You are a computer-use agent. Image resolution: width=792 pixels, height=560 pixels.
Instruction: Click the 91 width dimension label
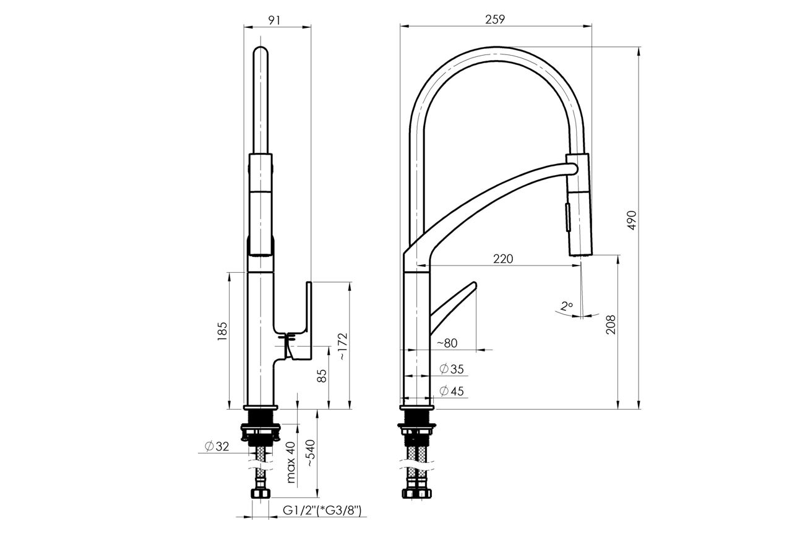(275, 20)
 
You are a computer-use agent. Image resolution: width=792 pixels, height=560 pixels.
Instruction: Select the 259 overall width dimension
(495, 19)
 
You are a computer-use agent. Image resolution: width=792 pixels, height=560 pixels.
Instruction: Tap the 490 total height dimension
(632, 220)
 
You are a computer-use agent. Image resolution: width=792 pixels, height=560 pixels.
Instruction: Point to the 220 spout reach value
(502, 259)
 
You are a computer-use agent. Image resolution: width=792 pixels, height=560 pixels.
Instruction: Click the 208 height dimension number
(611, 324)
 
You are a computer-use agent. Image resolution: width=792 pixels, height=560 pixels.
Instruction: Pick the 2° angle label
(566, 306)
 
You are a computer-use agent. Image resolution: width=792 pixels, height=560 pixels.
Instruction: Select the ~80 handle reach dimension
(447, 343)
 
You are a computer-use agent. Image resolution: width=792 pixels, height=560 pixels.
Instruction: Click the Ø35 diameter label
(452, 369)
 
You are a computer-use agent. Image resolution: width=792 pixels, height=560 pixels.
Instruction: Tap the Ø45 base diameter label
(452, 391)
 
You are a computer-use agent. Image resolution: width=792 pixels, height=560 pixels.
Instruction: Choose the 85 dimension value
(322, 376)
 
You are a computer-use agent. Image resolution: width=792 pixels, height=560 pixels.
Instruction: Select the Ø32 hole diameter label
(217, 446)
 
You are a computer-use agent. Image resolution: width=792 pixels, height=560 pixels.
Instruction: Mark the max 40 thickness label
(290, 462)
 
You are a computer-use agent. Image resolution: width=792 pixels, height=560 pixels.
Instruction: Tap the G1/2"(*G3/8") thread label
(322, 510)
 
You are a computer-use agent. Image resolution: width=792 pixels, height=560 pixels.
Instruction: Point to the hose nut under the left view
(260, 494)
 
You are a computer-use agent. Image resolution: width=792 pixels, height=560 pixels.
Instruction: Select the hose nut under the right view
(417, 493)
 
